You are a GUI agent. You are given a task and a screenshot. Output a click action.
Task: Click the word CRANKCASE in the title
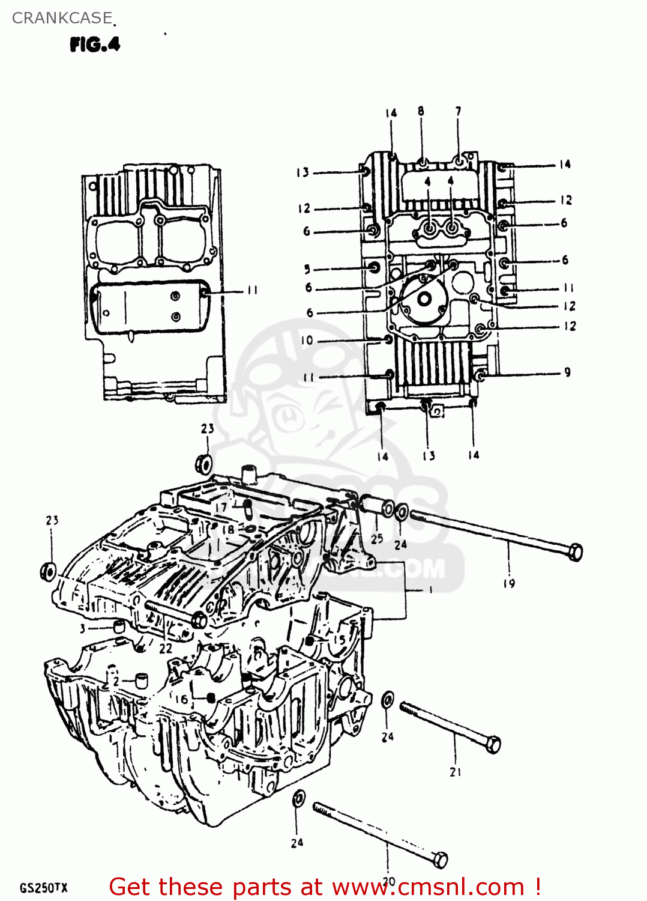(x=62, y=18)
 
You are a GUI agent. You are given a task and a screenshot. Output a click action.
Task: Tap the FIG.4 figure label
(x=95, y=44)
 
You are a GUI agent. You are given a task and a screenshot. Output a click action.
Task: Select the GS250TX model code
(x=44, y=888)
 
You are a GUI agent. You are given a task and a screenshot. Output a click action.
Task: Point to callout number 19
(x=509, y=583)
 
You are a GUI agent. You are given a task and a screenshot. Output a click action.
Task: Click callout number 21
(x=456, y=772)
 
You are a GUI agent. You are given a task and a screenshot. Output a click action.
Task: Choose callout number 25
(x=377, y=539)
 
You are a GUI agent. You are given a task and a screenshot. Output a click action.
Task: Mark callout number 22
(x=166, y=649)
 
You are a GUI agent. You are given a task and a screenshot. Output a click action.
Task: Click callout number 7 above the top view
(x=459, y=111)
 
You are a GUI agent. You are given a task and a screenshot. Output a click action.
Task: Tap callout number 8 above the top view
(x=421, y=111)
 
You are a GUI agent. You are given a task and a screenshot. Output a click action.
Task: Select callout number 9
(x=567, y=372)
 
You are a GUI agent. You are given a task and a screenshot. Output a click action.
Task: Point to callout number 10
(x=307, y=341)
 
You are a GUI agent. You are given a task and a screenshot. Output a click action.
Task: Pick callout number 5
(x=307, y=269)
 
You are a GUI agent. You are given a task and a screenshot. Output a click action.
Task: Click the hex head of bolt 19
(x=574, y=551)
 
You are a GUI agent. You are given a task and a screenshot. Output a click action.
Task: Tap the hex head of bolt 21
(x=492, y=744)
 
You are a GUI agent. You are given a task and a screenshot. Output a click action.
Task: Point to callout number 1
(x=431, y=590)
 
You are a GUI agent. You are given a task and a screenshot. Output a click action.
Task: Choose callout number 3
(x=82, y=629)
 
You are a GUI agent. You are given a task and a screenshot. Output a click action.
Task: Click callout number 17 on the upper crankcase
(x=221, y=508)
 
